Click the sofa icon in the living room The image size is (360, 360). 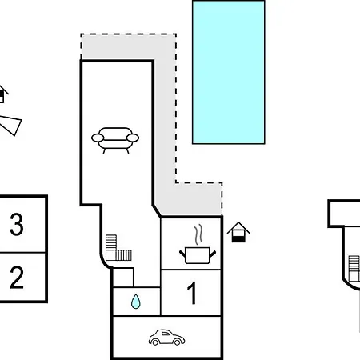115,140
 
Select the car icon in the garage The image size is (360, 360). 166,338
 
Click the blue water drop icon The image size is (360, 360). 136,302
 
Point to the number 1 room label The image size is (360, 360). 192,293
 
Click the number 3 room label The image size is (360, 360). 17,224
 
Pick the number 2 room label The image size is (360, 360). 17,278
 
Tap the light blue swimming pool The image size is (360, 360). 229,72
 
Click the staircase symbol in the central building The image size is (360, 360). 118,248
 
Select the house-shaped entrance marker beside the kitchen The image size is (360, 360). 238,232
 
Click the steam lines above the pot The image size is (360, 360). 198,234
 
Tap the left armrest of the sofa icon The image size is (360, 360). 98,138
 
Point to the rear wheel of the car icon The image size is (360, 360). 155,342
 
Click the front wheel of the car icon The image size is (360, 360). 177,342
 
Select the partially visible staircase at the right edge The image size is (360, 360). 354,268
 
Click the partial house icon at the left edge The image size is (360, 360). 2,94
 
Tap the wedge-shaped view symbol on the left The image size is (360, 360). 10,126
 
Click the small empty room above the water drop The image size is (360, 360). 123,278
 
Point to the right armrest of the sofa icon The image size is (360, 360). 133,138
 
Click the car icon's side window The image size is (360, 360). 166,334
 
